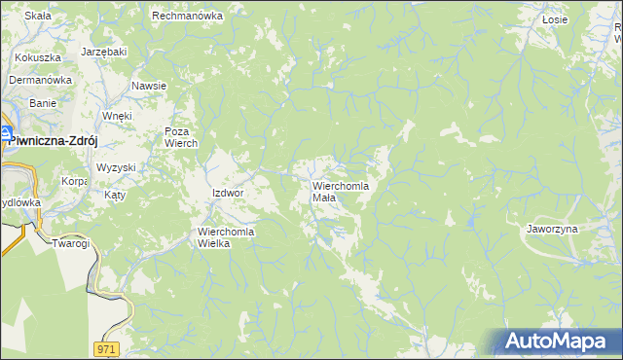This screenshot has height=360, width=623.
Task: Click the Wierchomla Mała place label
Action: [338, 191]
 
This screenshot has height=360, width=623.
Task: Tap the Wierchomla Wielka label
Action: [226, 237]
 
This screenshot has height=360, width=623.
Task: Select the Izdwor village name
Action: [227, 193]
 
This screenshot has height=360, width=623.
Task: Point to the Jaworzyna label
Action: [552, 229]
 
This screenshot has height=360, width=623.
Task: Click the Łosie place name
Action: [555, 18]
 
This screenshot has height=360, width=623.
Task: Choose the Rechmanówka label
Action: [188, 16]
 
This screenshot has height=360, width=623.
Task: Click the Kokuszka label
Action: [32, 57]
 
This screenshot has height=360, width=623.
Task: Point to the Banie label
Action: [42, 102]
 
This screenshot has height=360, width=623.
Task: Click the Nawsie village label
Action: [149, 86]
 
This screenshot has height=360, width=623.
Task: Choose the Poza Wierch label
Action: [181, 137]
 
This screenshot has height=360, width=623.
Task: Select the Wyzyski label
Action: [116, 167]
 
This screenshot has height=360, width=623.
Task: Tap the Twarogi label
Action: [71, 243]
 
